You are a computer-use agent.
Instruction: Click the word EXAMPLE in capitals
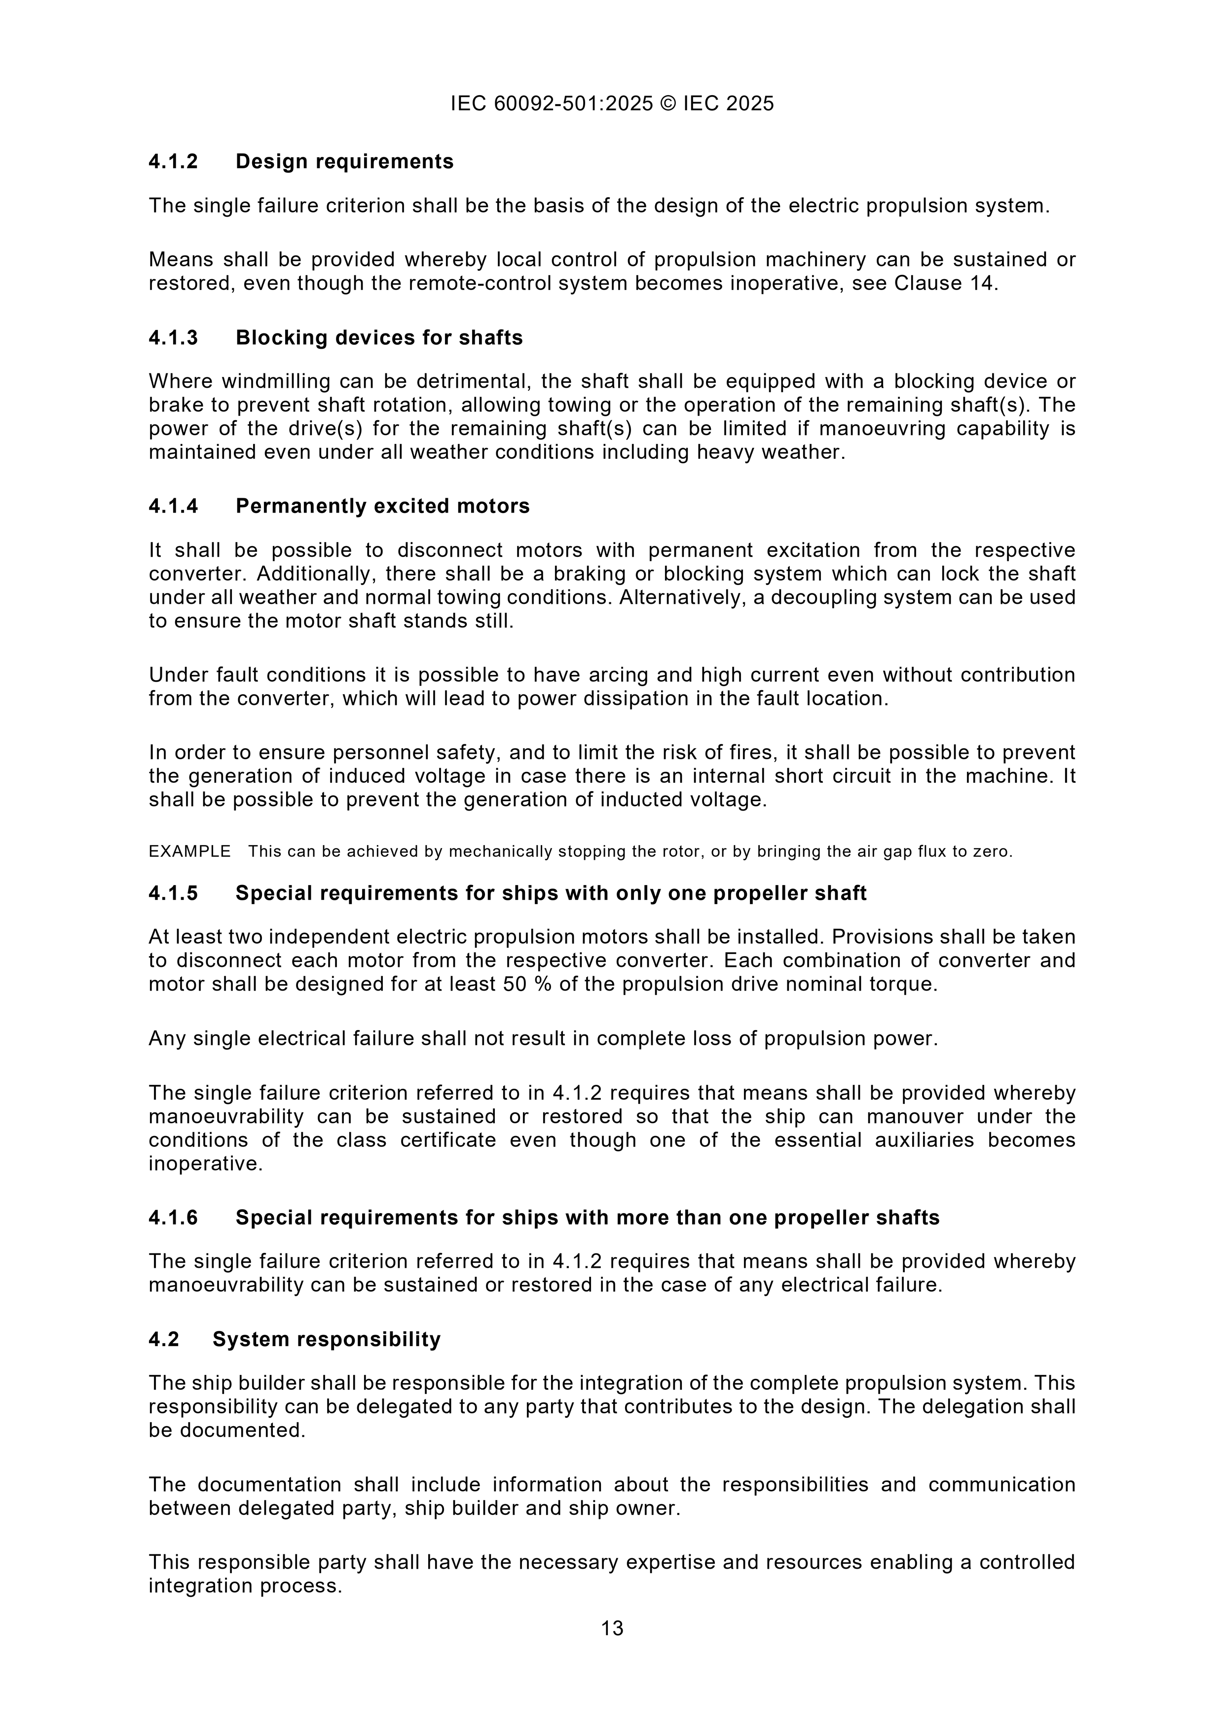click(x=189, y=852)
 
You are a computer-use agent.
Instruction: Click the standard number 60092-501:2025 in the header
click(x=573, y=103)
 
